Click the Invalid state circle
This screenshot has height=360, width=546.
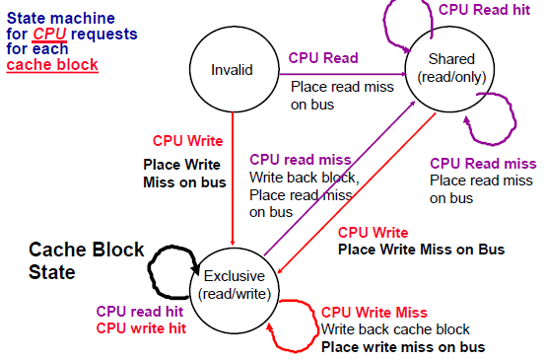coord(233,70)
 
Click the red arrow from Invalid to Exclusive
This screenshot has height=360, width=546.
coord(233,178)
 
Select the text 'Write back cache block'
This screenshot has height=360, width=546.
coord(394,328)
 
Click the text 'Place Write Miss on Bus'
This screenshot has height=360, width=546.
coord(421,250)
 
